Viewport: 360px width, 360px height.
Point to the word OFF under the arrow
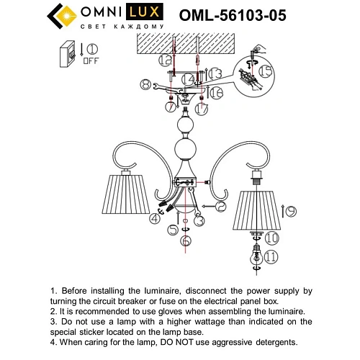tap(91, 61)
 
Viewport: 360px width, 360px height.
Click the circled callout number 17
tap(202, 109)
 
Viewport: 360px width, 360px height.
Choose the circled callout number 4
tap(154, 218)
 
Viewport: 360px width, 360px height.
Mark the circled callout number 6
tap(186, 240)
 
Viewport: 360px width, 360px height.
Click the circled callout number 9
tap(290, 212)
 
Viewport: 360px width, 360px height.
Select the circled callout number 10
tap(272, 237)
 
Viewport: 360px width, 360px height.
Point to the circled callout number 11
tap(271, 255)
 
